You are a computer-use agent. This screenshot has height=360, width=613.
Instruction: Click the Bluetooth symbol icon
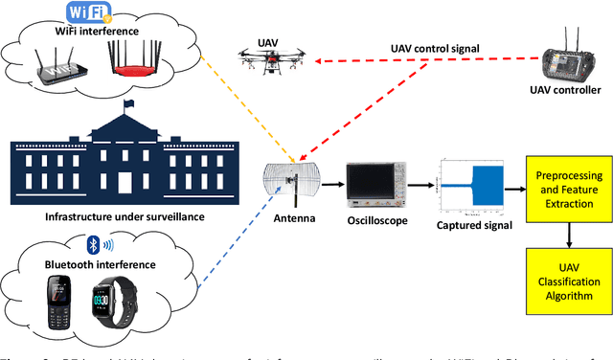[94, 243]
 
